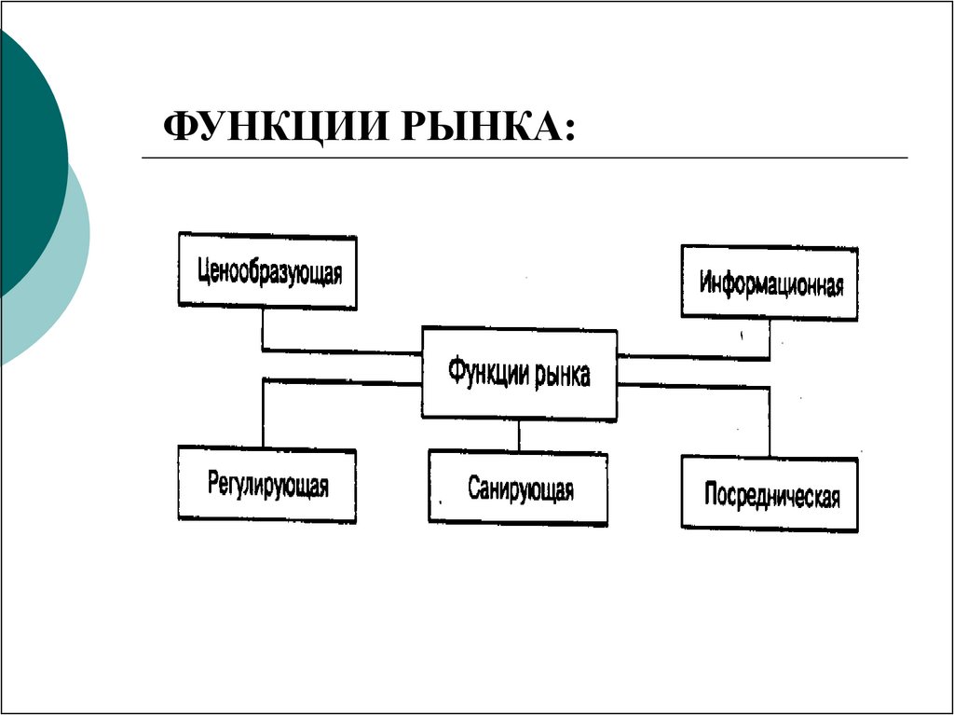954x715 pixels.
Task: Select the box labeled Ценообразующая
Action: pyautogui.click(x=267, y=272)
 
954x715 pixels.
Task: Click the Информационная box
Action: pyautogui.click(x=770, y=282)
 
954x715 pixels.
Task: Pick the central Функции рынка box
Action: pyautogui.click(x=519, y=373)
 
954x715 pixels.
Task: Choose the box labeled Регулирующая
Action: pyautogui.click(x=266, y=485)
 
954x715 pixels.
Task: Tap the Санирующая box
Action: pyautogui.click(x=518, y=488)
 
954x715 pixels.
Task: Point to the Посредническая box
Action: pyautogui.click(x=770, y=493)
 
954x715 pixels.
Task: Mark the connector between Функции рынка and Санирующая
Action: pyautogui.click(x=519, y=435)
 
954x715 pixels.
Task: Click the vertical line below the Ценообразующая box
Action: pyautogui.click(x=263, y=329)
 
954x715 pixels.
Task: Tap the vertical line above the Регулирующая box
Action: pyautogui.click(x=264, y=413)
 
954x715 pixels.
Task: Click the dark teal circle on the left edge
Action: pyautogui.click(x=28, y=158)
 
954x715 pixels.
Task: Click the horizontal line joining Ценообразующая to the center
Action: pyautogui.click(x=341, y=351)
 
